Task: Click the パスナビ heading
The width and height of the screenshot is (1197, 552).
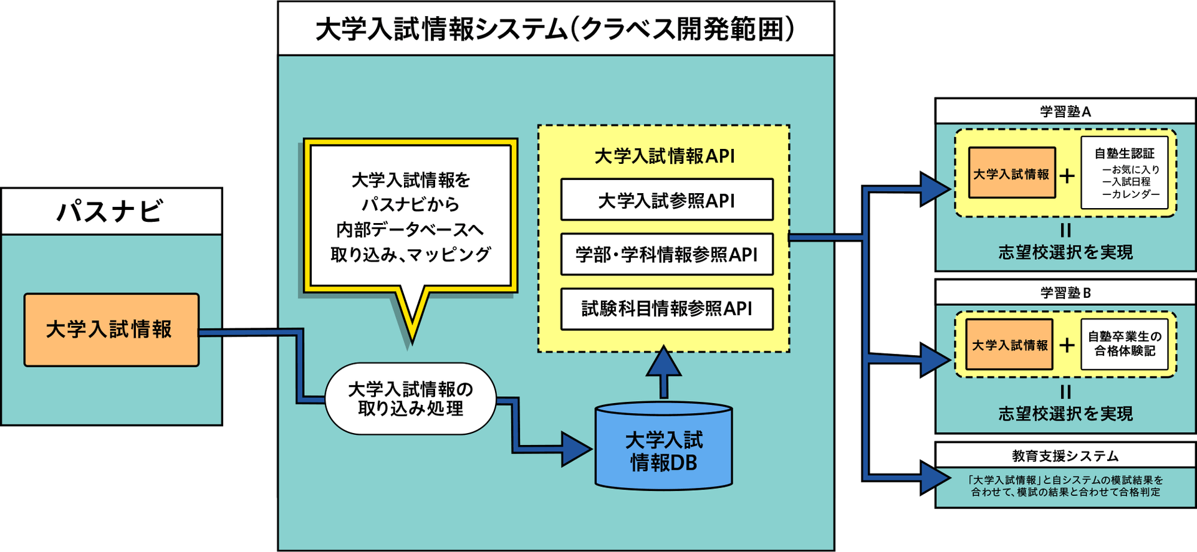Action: click(x=111, y=211)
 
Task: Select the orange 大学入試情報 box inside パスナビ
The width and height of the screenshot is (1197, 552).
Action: click(x=111, y=330)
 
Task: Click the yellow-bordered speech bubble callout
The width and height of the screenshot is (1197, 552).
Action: click(x=410, y=216)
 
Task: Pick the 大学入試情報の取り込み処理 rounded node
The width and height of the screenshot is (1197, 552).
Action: click(x=410, y=399)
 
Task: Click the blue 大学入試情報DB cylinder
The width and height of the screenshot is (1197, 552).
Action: click(x=663, y=450)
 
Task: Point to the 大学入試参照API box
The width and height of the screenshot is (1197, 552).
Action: click(x=666, y=200)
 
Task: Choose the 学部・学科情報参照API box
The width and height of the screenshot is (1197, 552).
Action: click(x=666, y=254)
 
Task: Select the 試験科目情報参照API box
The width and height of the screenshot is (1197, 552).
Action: click(x=666, y=308)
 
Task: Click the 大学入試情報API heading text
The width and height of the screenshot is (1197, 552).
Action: click(x=665, y=156)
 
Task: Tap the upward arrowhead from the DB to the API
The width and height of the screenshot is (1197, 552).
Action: click(x=663, y=361)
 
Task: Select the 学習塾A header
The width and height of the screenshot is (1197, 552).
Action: click(x=1065, y=112)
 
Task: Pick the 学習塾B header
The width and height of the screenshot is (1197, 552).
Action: click(x=1065, y=292)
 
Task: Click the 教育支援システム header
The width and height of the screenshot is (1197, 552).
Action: click(x=1065, y=455)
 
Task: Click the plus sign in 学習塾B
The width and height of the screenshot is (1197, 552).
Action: click(x=1067, y=345)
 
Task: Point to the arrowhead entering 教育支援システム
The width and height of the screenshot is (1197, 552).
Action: click(x=935, y=478)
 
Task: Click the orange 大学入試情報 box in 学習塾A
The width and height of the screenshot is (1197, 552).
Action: click(x=1011, y=173)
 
